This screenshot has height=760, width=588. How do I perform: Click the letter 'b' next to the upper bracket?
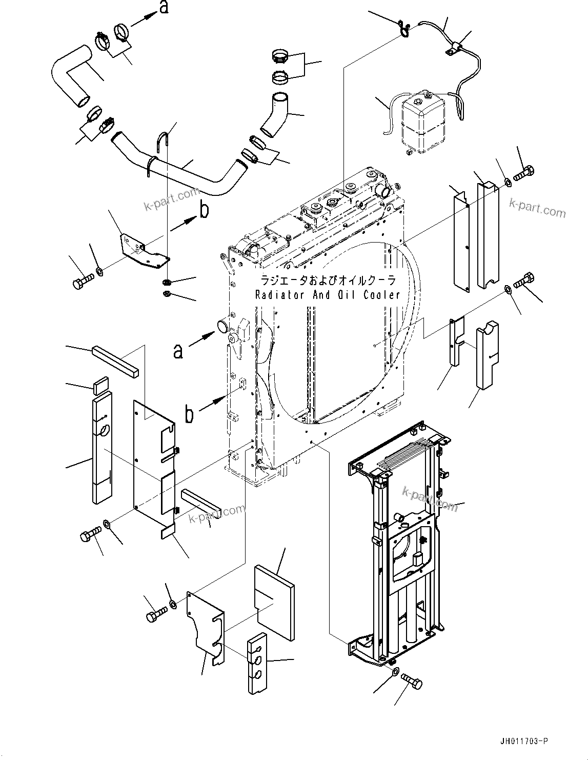coord(204,211)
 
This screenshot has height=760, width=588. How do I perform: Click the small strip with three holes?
coord(257,664)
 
